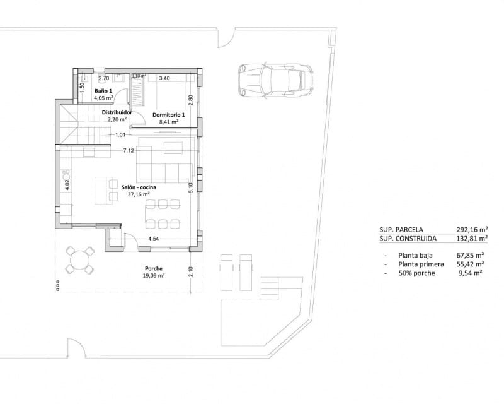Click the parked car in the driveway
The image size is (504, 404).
(x=275, y=80)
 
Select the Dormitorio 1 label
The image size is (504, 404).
(x=169, y=115)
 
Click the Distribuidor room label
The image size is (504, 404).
(x=117, y=112)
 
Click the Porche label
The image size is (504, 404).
(x=154, y=268)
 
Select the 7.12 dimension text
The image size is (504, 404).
(x=128, y=151)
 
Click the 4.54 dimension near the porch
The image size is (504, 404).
(x=153, y=239)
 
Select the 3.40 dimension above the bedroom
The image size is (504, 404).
(x=165, y=78)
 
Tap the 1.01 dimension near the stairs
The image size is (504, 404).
(x=120, y=134)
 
